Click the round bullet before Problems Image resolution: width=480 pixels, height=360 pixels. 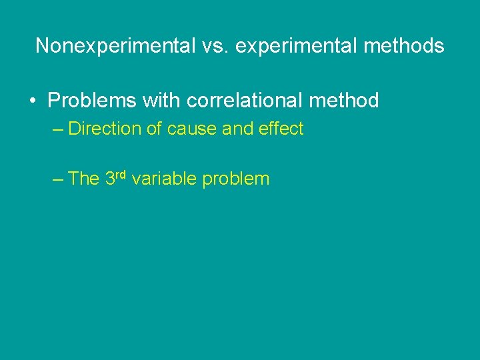click(x=32, y=101)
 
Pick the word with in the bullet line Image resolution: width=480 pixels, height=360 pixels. click(x=160, y=101)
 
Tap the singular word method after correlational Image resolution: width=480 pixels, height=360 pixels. click(x=345, y=101)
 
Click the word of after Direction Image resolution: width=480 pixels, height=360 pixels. click(x=154, y=129)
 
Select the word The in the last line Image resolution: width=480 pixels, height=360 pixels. click(x=84, y=179)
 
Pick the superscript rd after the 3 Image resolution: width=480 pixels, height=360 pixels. click(x=122, y=175)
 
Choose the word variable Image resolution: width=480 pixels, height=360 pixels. click(x=164, y=179)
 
